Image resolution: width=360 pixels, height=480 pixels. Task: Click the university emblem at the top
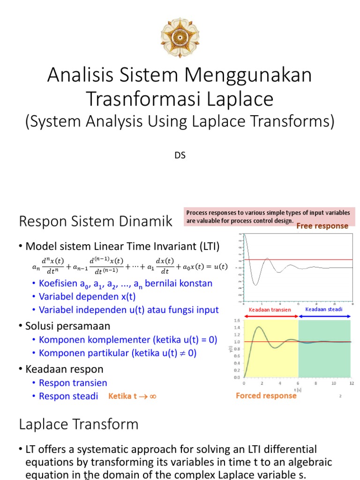[180, 37]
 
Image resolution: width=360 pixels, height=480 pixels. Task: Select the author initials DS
[180, 155]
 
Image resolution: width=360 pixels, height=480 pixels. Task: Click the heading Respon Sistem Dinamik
[96, 221]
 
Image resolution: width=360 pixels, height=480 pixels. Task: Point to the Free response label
[322, 226]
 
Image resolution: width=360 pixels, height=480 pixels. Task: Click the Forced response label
[266, 396]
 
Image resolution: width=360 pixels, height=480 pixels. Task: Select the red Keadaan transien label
[270, 309]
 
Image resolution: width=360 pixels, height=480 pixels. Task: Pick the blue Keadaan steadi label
[324, 309]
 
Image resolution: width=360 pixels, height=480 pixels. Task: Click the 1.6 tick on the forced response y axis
[237, 321]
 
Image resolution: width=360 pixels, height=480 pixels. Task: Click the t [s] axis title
[298, 390]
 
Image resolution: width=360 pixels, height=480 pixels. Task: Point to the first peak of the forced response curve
[258, 327]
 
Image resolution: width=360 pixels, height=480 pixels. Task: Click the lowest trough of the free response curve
[256, 285]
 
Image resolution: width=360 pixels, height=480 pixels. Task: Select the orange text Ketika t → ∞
[133, 396]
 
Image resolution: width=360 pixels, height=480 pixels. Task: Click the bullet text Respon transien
[73, 383]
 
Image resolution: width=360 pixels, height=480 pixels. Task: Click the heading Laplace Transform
[79, 424]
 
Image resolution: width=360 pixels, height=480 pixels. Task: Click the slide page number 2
[340, 397]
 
